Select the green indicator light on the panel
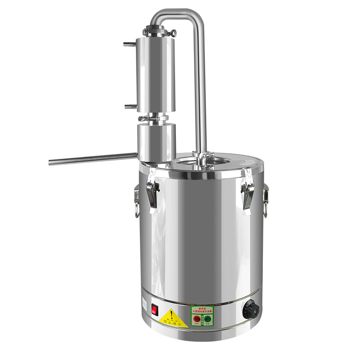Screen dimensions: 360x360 [x=207, y=319]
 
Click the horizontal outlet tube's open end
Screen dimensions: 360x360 [x=51, y=161]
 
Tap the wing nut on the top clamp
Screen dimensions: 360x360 [x=173, y=32]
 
